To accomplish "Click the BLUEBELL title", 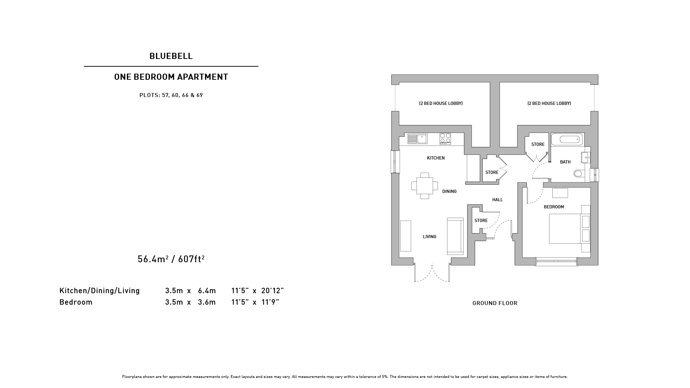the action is pos(171,56).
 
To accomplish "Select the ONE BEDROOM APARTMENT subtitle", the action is pos(171,77).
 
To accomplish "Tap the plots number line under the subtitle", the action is pos(171,95).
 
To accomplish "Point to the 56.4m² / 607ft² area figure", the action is pos(171,259).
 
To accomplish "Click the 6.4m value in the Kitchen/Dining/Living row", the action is pos(207,291).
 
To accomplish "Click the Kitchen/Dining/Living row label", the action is pos(100,291).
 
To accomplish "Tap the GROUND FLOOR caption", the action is pos(495,303).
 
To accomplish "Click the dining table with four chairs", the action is pos(425,186).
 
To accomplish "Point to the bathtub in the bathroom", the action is pos(567,139).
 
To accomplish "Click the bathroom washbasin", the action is pos(585,157).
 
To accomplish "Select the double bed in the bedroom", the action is pos(569,229).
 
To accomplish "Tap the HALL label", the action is pos(498,200).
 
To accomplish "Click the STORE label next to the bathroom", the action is pos(538,144).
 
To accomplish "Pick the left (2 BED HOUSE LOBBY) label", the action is pos(441,103).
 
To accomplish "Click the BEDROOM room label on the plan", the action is pos(554,207).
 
